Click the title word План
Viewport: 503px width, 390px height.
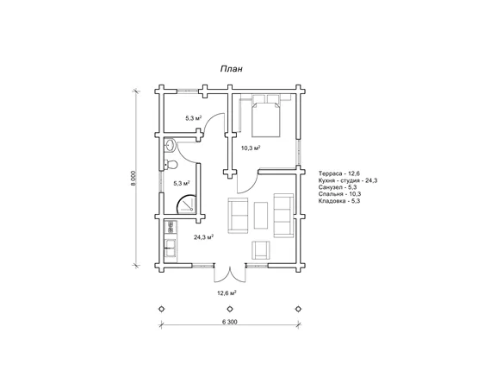click(232, 69)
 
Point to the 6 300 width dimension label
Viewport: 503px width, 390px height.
click(230, 322)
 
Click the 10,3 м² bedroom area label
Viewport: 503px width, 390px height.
click(251, 148)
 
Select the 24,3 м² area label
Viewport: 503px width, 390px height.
click(204, 237)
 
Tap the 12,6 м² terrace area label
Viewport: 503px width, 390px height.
click(227, 292)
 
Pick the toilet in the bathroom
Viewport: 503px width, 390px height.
click(171, 165)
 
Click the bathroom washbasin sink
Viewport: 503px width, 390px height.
click(170, 145)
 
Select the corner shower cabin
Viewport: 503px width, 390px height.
click(186, 204)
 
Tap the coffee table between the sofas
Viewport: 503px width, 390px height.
click(261, 215)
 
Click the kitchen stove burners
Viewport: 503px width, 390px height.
click(171, 227)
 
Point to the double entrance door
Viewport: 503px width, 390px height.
click(230, 274)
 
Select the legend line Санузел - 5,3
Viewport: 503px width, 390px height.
click(338, 187)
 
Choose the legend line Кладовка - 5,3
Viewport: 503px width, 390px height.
click(339, 201)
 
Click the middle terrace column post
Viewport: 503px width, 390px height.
click(230, 309)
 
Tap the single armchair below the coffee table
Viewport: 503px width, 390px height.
click(261, 250)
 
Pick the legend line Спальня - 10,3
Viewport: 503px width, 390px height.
click(339, 194)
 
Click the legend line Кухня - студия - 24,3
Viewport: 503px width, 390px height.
click(348, 180)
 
